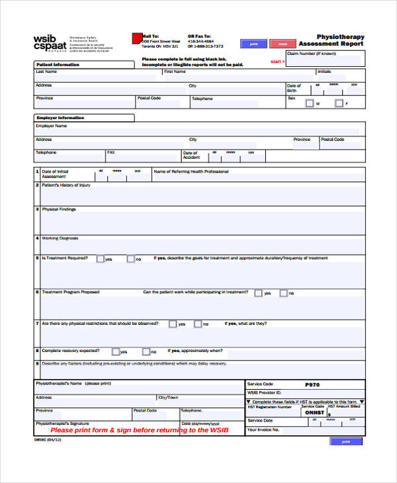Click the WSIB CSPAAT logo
point(50,43)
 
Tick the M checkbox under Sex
point(309,103)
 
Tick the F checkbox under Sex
point(339,103)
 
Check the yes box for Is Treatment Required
point(100,259)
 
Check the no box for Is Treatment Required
point(130,259)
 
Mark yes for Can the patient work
point(258,292)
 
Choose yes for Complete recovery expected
point(116,351)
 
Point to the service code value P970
point(312,384)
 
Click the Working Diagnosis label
point(60,238)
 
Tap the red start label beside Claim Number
point(278,62)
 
